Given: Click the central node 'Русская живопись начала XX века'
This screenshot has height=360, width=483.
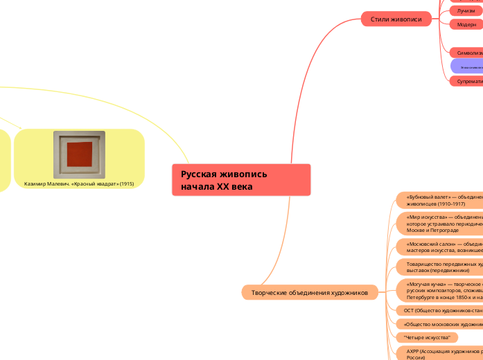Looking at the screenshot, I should pyautogui.click(x=240, y=180).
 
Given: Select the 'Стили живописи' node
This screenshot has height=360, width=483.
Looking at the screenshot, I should pyautogui.click(x=396, y=19).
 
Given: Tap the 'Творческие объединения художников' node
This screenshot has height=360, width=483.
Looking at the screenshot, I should pyautogui.click(x=309, y=293).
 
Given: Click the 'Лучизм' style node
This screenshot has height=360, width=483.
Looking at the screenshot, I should pyautogui.click(x=464, y=11).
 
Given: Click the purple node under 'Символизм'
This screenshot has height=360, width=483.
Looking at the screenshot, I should pyautogui.click(x=467, y=66).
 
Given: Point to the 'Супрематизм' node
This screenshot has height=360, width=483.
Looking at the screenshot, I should pyautogui.click(x=466, y=81).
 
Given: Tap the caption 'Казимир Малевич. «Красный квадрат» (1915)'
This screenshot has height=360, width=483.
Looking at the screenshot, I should pyautogui.click(x=79, y=183).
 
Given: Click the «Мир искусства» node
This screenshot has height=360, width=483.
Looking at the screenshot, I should pyautogui.click(x=439, y=223).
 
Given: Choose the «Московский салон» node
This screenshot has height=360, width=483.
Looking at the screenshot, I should pyautogui.click(x=439, y=247).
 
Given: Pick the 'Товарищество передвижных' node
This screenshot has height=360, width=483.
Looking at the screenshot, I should pyautogui.click(x=439, y=267).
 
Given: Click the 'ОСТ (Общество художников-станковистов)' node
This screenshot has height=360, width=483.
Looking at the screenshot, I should pyautogui.click(x=441, y=311).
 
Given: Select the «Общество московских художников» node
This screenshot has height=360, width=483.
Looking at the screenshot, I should pyautogui.click(x=441, y=324).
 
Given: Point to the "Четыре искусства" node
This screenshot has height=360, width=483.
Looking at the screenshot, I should pyautogui.click(x=427, y=337).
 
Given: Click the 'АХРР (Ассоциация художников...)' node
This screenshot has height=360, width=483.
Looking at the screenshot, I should pyautogui.click(x=441, y=354).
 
